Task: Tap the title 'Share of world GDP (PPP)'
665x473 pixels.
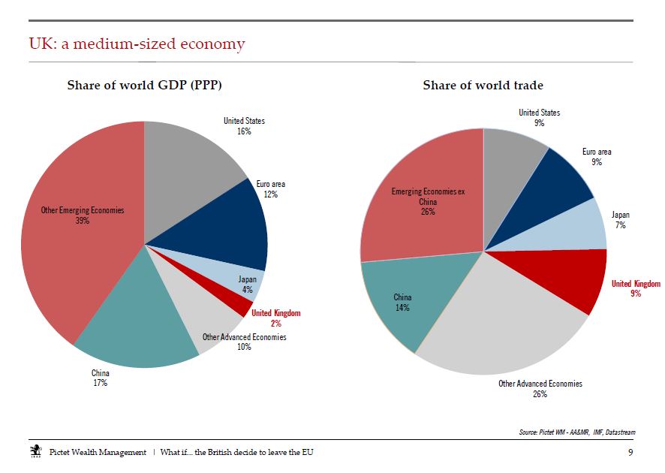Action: tap(145, 86)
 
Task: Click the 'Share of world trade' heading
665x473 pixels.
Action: tap(483, 86)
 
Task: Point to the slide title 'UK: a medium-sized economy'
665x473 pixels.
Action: tap(137, 44)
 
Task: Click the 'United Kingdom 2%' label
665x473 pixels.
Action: tap(276, 318)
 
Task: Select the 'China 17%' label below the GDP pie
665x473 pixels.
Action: tap(101, 378)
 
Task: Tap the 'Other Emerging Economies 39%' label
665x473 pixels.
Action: tap(83, 215)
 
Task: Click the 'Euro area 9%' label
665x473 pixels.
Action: tap(597, 156)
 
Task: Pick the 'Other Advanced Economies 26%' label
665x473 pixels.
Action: tap(540, 389)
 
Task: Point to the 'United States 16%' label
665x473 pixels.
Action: tap(244, 126)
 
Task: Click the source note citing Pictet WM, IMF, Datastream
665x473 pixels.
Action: tap(577, 432)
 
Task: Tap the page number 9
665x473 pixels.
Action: tap(630, 452)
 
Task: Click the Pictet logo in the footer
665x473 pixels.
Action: tap(36, 451)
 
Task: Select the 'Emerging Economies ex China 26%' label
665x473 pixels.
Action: tap(428, 201)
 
